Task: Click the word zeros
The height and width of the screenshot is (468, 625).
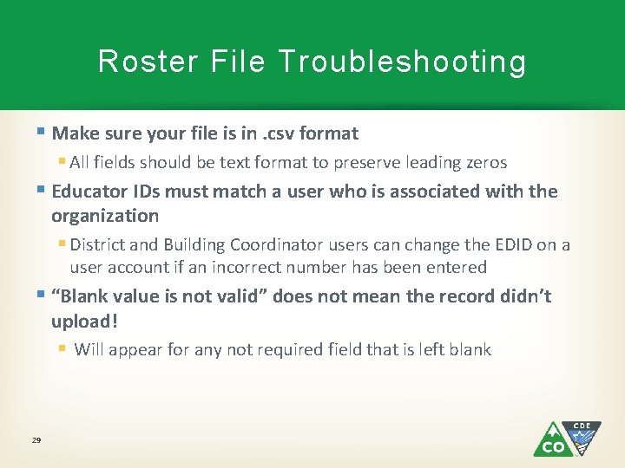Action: [x=485, y=163]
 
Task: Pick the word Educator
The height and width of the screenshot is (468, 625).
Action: [x=91, y=192]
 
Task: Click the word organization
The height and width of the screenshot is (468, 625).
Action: [x=105, y=216]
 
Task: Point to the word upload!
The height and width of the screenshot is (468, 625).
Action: [x=84, y=321]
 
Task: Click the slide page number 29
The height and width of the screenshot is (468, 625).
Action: [x=36, y=441]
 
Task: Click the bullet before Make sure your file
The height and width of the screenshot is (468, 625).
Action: [x=43, y=133]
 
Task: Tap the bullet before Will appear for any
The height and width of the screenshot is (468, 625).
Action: [x=62, y=350]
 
